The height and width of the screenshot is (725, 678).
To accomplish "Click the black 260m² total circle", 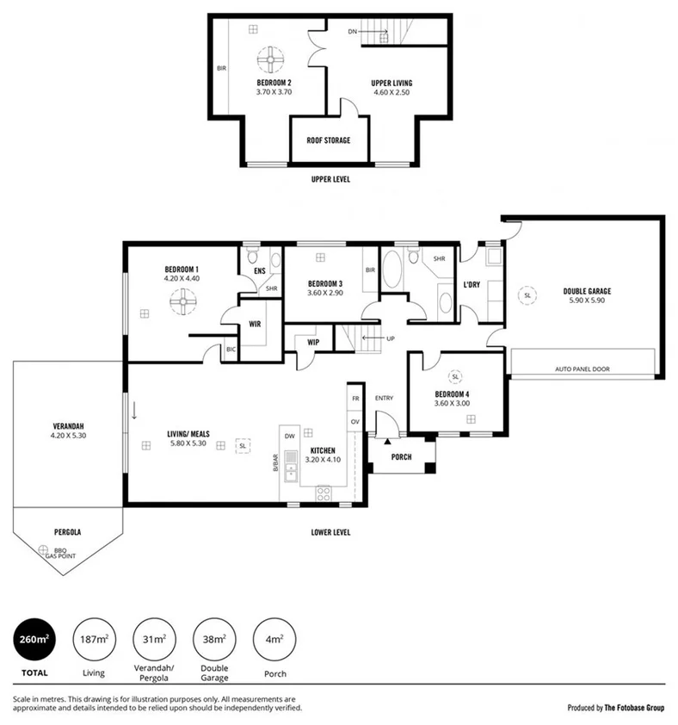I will tap(34, 639).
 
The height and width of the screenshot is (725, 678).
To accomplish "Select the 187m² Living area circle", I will tap(94, 639).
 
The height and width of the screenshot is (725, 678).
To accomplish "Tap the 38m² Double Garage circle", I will tap(213, 639).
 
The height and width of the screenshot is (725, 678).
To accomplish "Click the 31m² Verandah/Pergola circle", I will tap(153, 639).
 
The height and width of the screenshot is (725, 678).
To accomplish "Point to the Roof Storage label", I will tap(329, 140).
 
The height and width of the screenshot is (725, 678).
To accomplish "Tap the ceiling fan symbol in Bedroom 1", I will tap(184, 302).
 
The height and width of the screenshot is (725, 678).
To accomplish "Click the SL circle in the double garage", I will tap(527, 295).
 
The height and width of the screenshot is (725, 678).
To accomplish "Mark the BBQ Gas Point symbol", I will tap(43, 548).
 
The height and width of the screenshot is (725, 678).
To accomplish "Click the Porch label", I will tap(401, 457).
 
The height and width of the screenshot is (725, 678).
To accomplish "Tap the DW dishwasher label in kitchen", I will tap(290, 436).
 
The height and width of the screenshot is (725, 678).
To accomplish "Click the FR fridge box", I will tap(355, 400).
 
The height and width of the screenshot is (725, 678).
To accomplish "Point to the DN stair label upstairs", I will tap(353, 32).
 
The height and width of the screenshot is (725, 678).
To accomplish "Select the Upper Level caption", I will tap(330, 180).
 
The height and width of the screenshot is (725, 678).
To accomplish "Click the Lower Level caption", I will tap(330, 532).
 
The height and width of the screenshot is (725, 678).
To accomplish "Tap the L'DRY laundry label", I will tap(472, 285).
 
